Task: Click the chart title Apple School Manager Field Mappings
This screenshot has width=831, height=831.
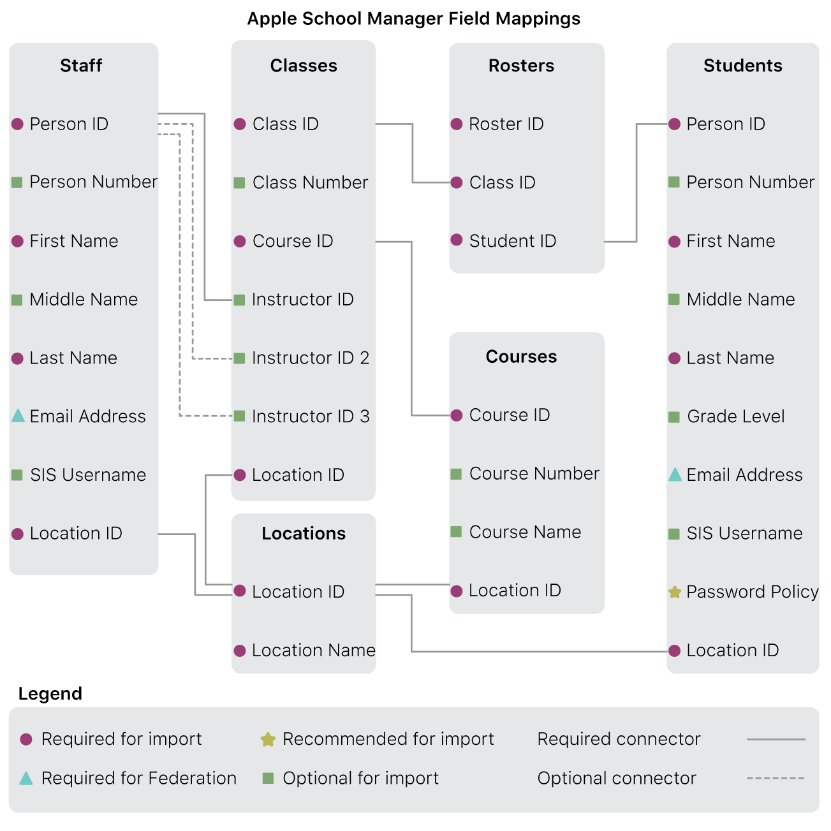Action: [413, 18]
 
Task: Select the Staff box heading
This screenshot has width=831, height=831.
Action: [81, 66]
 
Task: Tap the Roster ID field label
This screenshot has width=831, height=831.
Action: [506, 124]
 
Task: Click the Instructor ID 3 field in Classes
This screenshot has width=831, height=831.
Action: [311, 416]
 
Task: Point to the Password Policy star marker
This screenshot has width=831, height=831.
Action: [675, 592]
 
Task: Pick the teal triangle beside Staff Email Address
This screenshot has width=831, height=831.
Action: [18, 416]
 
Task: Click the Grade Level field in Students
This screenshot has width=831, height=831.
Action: [735, 416]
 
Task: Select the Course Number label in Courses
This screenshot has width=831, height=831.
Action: [534, 473]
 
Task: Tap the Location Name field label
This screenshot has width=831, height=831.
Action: [313, 651]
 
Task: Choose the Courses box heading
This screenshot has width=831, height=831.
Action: [521, 357]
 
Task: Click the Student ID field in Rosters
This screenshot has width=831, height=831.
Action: [512, 241]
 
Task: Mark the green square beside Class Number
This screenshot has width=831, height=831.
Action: [240, 183]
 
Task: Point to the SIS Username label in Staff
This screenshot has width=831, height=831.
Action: [88, 474]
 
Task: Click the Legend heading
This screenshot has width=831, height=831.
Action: [50, 694]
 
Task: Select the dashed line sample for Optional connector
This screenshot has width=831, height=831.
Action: [776, 778]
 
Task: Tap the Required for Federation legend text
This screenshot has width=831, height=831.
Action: [138, 778]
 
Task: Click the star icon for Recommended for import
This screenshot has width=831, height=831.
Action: [268, 740]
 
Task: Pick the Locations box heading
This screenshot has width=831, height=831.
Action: [304, 533]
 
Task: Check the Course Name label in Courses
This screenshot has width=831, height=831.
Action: [525, 532]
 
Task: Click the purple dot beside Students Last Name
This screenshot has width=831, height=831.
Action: [675, 358]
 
